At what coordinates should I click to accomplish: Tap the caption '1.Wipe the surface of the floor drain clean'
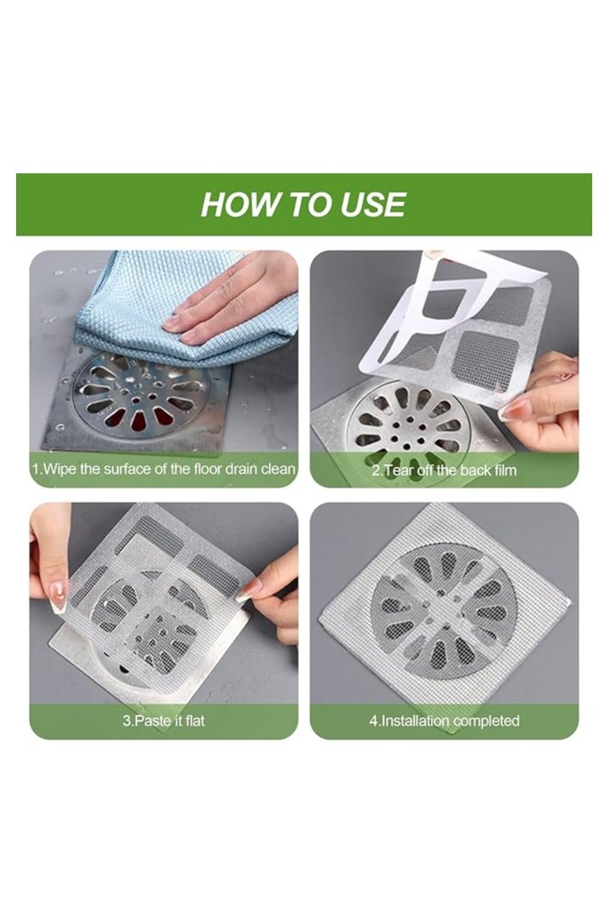click(x=164, y=469)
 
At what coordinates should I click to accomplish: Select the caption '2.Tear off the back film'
click(x=444, y=469)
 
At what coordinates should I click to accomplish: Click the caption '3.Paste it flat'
click(x=164, y=721)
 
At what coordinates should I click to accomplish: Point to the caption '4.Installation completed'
click(x=444, y=721)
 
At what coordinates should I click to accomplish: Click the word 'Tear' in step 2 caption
click(x=406, y=469)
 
